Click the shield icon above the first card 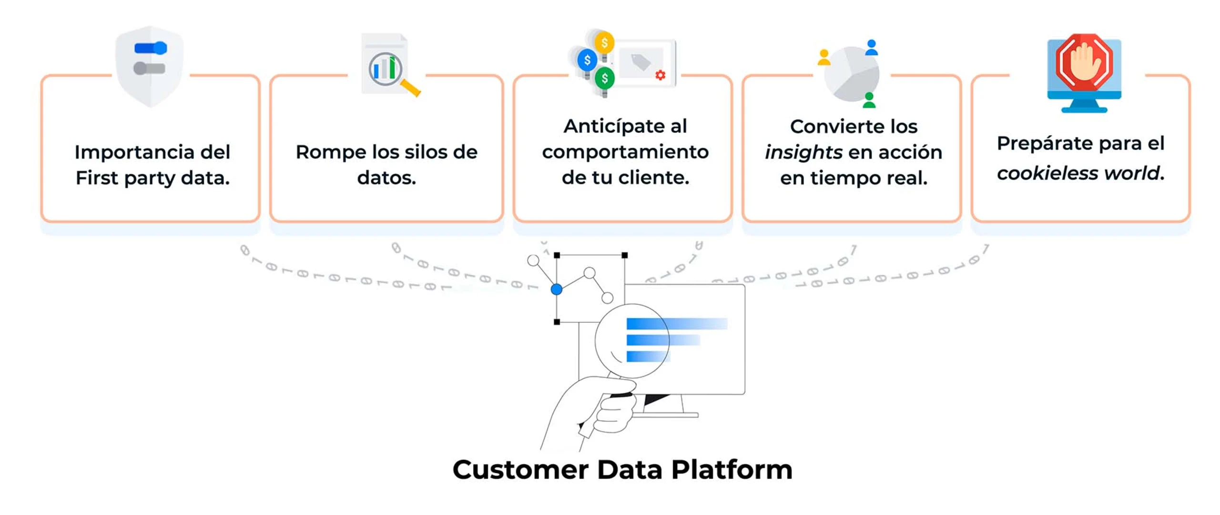point(149,67)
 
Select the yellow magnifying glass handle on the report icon point(410,88)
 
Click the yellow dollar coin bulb point(604,43)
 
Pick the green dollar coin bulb point(604,78)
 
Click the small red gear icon point(660,75)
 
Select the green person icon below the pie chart point(869,100)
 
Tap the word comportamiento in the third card point(625,152)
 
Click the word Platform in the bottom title point(732,470)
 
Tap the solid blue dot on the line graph point(556,289)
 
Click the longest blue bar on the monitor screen point(677,324)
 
